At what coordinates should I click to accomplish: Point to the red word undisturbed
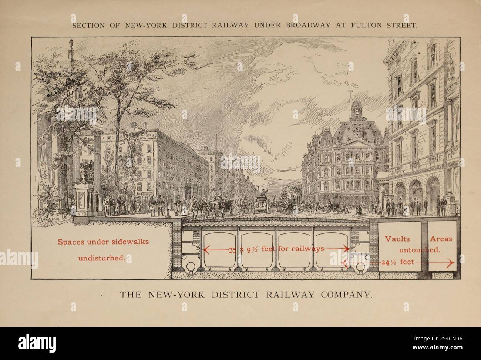point(101,258)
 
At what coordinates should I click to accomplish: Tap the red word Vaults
point(397,239)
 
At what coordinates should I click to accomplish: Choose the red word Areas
point(441,239)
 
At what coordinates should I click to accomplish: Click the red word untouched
point(420,250)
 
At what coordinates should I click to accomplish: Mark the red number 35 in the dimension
point(232,250)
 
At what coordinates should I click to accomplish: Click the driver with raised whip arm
point(263,193)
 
